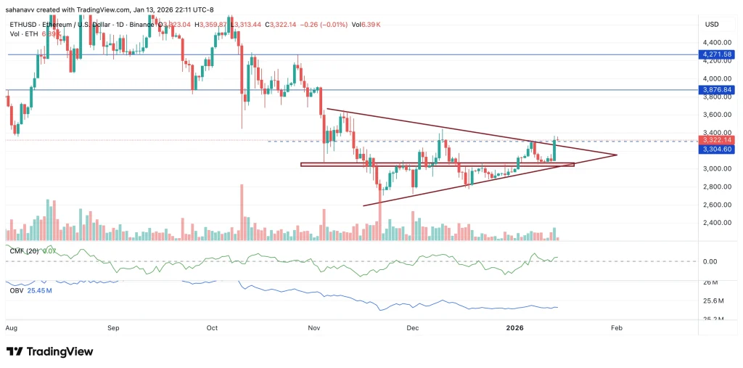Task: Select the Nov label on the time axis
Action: [x=314, y=328]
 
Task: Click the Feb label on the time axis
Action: [x=617, y=328]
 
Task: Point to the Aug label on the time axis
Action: [x=12, y=328]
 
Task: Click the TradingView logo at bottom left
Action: [x=50, y=351]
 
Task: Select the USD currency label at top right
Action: [x=711, y=25]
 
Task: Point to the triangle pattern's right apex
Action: [x=616, y=155]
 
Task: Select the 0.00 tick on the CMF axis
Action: [x=710, y=261]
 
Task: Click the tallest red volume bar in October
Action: [x=240, y=213]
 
